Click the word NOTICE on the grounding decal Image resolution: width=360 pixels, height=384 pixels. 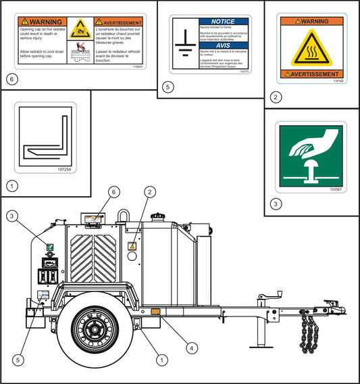223,22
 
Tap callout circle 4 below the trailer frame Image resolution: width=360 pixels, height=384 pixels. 192,348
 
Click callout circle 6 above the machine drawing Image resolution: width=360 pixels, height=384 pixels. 114,193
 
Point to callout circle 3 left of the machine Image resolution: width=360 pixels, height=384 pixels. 13,216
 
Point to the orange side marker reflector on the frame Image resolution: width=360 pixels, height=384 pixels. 155,312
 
